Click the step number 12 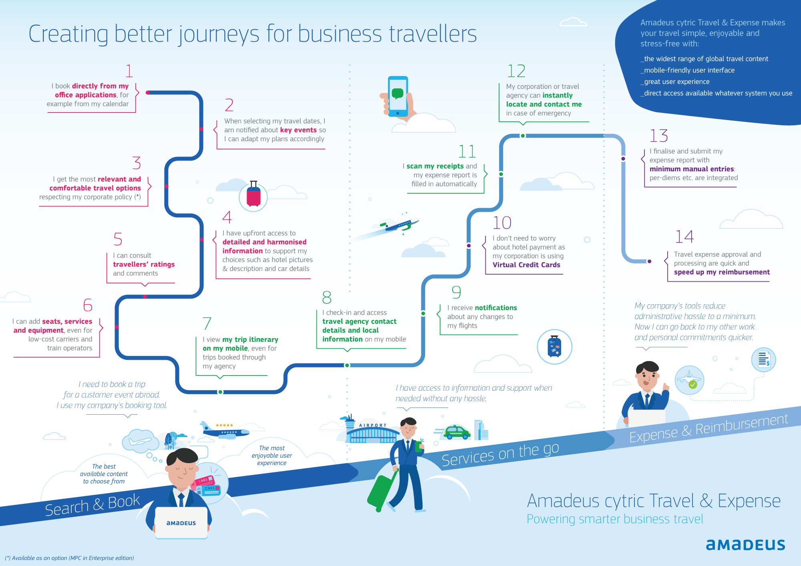pyautogui.click(x=516, y=71)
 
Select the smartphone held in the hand pyautogui.click(x=398, y=96)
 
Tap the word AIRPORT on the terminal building pyautogui.click(x=372, y=426)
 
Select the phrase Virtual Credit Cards pyautogui.click(x=526, y=265)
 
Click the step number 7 pyautogui.click(x=207, y=323)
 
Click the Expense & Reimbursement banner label pyautogui.click(x=708, y=428)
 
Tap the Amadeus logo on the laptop pyautogui.click(x=181, y=523)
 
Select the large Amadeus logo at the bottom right pyautogui.click(x=745, y=544)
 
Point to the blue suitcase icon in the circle pyautogui.click(x=554, y=347)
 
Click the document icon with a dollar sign pyautogui.click(x=763, y=359)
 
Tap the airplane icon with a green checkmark pyautogui.click(x=689, y=380)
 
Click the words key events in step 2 pyautogui.click(x=298, y=130)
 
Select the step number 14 pyautogui.click(x=684, y=237)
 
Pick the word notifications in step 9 pyautogui.click(x=496, y=308)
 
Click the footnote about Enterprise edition pyautogui.click(x=69, y=558)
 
